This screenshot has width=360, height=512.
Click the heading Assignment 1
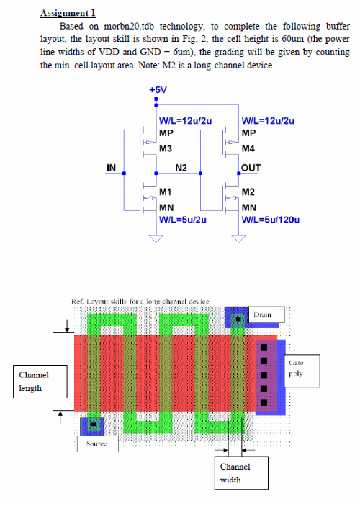[68, 13]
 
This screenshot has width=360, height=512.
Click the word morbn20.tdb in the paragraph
[129, 26]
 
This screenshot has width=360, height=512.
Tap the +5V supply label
[158, 89]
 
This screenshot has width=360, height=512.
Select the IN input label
[111, 168]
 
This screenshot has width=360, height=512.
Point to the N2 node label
[181, 168]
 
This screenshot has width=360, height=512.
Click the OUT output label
[251, 168]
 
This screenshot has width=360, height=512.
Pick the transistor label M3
[166, 148]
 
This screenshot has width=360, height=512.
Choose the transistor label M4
[248, 148]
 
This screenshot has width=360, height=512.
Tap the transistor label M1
[165, 192]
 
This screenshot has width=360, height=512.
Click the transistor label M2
[248, 192]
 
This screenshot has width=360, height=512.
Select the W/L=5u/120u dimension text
[270, 220]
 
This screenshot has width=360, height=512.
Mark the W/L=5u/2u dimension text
[182, 220]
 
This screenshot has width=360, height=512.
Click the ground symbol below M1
[156, 238]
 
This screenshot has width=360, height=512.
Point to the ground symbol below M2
[238, 238]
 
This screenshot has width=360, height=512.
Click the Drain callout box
[266, 315]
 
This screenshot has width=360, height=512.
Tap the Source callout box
[98, 444]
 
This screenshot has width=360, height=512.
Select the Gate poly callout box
[302, 371]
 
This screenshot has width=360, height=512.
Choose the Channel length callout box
[40, 382]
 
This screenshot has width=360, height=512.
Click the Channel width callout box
[241, 473]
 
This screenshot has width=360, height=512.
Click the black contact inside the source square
[93, 424]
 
